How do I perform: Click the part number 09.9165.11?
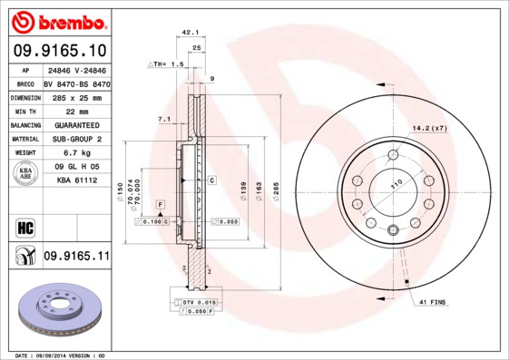pyautogui.click(x=76, y=257)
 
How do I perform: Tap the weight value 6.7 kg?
pyautogui.click(x=75, y=153)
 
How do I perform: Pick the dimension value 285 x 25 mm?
pyautogui.click(x=76, y=96)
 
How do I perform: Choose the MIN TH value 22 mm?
pyautogui.click(x=76, y=111)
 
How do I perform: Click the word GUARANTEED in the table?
pyautogui.click(x=76, y=124)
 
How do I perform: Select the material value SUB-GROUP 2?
pyautogui.click(x=76, y=139)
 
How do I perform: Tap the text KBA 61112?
pyautogui.click(x=76, y=181)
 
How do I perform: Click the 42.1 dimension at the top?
pyautogui.click(x=190, y=32)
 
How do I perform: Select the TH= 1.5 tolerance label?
pyautogui.click(x=166, y=65)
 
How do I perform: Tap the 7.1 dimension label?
pyautogui.click(x=163, y=119)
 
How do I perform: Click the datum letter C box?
pyautogui.click(x=211, y=181)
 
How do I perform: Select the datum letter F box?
pyautogui.click(x=160, y=204)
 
